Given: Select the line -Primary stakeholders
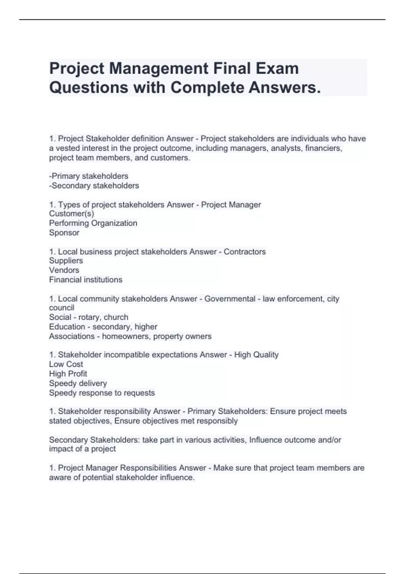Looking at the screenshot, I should [x=89, y=176].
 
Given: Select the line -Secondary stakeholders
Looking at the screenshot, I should [x=94, y=185].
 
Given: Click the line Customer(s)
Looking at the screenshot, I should [x=72, y=213].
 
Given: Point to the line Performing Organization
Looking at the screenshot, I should [x=93, y=223].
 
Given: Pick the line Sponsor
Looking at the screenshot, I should [x=64, y=232].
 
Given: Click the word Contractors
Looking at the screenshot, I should [x=245, y=252].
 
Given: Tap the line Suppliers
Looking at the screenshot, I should [x=66, y=260].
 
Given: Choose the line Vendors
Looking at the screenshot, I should [x=64, y=270].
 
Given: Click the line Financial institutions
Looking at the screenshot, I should [x=86, y=280].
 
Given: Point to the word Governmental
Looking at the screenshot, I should [x=230, y=298].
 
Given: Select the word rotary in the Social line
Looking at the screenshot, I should [x=89, y=317].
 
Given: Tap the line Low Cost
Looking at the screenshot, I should [x=66, y=364].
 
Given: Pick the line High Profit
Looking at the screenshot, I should [x=68, y=373].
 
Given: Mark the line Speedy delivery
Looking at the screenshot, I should [x=78, y=383].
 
